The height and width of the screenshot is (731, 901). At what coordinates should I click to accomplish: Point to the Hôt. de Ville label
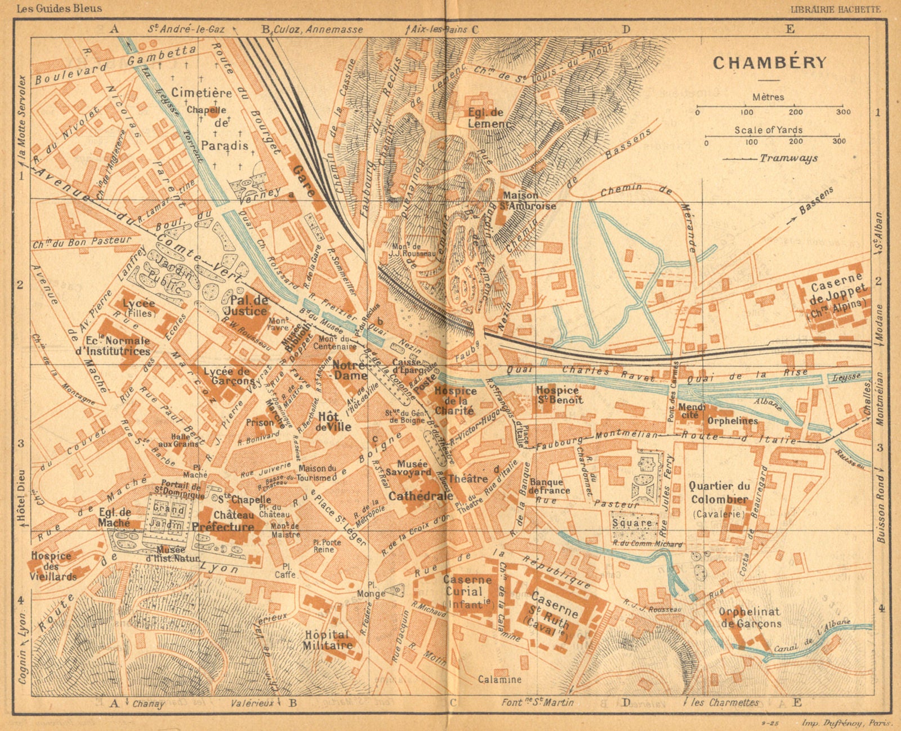click(x=334, y=421)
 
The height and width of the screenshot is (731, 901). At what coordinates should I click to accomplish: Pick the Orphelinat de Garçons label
click(x=750, y=617)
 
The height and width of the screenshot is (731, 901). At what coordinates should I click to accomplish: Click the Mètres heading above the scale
click(x=768, y=97)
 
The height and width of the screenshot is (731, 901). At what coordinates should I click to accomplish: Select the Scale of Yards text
click(x=768, y=130)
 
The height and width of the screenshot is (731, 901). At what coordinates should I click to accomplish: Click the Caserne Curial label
click(x=462, y=591)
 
